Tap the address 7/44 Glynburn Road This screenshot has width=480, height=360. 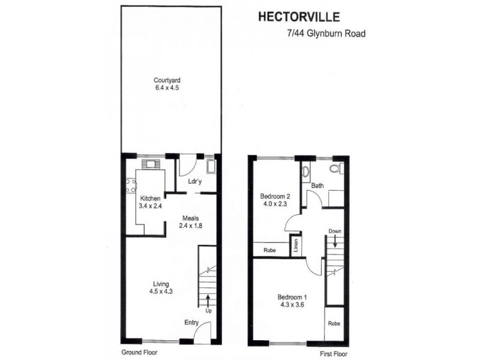(x=326, y=34)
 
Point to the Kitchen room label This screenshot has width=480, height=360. (x=151, y=198)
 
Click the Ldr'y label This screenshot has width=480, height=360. (x=194, y=181)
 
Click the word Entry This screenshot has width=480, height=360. (x=191, y=323)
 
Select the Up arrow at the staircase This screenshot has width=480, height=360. (x=208, y=301)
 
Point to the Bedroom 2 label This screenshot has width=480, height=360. (x=275, y=196)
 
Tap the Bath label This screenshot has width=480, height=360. (x=317, y=186)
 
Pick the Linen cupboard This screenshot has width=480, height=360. (x=295, y=246)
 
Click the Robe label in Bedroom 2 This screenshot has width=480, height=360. (x=269, y=250)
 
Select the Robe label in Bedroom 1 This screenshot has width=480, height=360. (x=334, y=323)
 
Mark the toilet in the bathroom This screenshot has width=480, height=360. (x=340, y=170)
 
